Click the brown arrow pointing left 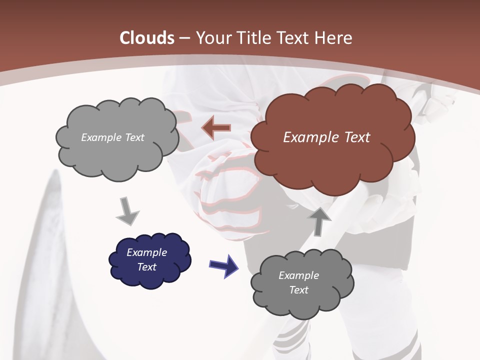pos(216,128)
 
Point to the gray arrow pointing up pos(320,220)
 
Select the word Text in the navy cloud pos(147,267)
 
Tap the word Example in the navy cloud pos(146,252)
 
